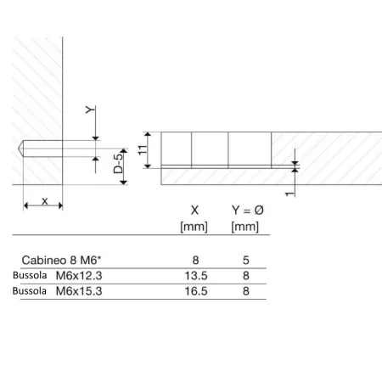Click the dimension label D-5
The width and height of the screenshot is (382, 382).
pyautogui.click(x=119, y=164)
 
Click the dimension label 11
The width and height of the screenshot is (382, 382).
pyautogui.click(x=143, y=149)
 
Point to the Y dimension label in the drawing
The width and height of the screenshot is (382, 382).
pyautogui.click(x=90, y=110)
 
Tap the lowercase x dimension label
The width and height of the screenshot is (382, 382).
pyautogui.click(x=45, y=201)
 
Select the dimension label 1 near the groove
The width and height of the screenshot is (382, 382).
pyautogui.click(x=289, y=194)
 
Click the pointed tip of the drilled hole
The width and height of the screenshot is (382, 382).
pyautogui.click(x=19, y=149)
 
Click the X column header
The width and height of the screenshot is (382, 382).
pyautogui.click(x=194, y=211)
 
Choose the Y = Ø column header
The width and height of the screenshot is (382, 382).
pyautogui.click(x=248, y=211)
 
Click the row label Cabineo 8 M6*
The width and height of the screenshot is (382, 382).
pyautogui.click(x=61, y=260)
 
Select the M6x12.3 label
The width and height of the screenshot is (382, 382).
pyautogui.click(x=79, y=276)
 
